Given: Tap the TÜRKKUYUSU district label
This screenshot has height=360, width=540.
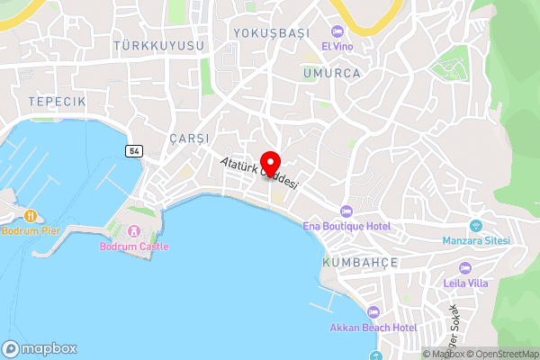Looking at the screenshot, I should [x=159, y=45].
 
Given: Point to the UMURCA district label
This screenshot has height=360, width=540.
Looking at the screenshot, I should [x=332, y=73].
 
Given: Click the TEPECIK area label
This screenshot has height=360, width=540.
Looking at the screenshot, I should [x=57, y=102].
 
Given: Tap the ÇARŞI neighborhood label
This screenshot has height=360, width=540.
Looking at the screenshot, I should [x=189, y=139].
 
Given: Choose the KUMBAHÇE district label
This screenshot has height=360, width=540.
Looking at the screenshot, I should [x=359, y=261].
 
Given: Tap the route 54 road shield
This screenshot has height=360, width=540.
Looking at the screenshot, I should [x=134, y=150].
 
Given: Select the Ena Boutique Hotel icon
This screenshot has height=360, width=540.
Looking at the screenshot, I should [x=346, y=211].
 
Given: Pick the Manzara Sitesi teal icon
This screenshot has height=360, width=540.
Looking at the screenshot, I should [x=476, y=225].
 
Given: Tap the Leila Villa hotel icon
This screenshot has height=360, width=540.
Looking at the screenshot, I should [x=464, y=267].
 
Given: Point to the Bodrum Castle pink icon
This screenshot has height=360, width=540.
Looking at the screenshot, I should [x=134, y=231].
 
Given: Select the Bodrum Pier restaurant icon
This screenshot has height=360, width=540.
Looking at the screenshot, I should [x=31, y=216].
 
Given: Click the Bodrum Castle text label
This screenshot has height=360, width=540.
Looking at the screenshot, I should [x=134, y=247].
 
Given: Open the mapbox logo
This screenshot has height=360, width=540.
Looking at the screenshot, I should [x=40, y=348].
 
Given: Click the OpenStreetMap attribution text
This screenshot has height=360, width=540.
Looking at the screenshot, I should [x=499, y=354].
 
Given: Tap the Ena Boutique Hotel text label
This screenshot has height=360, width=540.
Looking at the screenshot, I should [x=346, y=226].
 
